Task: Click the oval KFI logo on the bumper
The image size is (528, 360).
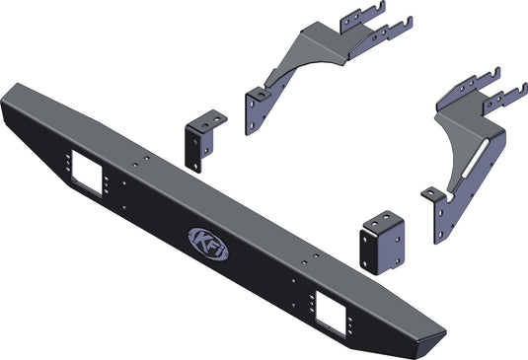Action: [x=208, y=244]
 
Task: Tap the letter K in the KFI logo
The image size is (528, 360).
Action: [x=199, y=240]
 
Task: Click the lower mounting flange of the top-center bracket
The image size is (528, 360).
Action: [x=259, y=98]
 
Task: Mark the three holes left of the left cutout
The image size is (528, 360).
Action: [x=63, y=164]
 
